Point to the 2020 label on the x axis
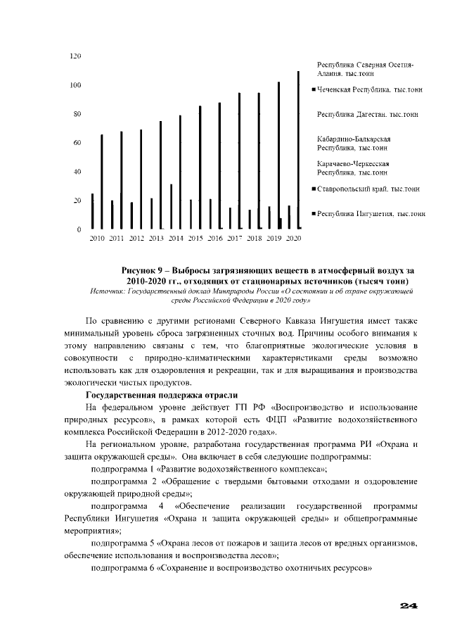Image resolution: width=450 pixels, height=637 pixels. click(294, 239)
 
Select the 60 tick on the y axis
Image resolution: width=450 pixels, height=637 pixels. click(78, 143)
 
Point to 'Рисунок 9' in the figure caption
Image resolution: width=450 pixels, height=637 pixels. click(145, 271)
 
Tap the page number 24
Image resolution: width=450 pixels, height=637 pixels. click(409, 606)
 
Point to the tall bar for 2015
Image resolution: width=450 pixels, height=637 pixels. click(200, 168)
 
